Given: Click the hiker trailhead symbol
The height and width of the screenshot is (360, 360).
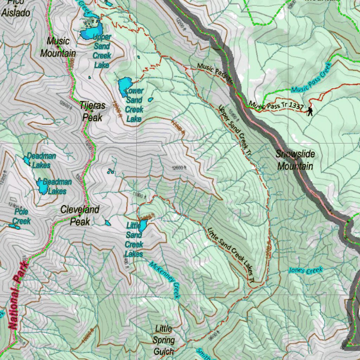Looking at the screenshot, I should tap(310, 112).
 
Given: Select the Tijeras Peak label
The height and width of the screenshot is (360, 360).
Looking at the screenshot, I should tap(92, 111).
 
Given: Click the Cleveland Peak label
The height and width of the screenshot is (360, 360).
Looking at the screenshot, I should tap(80, 216).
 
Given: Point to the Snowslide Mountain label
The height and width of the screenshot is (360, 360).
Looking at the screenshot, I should tap(295, 160).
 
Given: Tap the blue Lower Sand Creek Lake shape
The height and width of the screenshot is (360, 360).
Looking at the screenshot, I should tap(123, 86).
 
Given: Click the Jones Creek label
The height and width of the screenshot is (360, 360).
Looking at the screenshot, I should tap(306, 270).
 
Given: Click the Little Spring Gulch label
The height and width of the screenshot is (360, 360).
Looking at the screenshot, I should tap(164, 340).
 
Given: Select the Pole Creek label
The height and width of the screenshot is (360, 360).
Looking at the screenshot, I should tap(21, 217).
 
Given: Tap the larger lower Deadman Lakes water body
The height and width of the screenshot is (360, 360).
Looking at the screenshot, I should tap(43, 186).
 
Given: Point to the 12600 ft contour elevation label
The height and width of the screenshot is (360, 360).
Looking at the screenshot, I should tap(179, 168).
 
